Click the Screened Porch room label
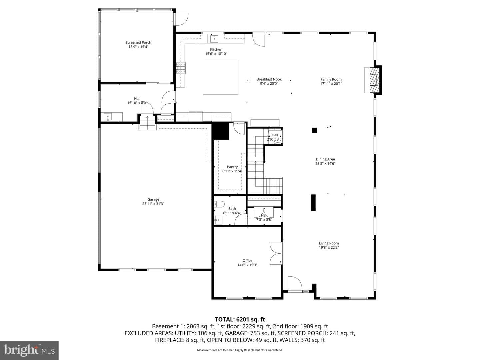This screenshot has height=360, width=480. pyautogui.click(x=138, y=42)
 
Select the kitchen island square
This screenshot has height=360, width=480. pyautogui.click(x=220, y=77)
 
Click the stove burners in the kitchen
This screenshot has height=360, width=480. pyautogui.click(x=181, y=68)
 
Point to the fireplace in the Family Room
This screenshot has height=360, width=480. pyautogui.click(x=374, y=80)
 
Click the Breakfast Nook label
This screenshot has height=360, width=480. pyautogui.click(x=269, y=79)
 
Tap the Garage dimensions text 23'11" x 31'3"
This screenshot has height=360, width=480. pyautogui.click(x=153, y=204)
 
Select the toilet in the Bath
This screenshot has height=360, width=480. pyautogui.click(x=219, y=204)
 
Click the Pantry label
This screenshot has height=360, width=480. pyautogui.click(x=232, y=167)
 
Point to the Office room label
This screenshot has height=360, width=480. pyautogui.click(x=247, y=261)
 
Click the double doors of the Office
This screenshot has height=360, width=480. pyautogui.click(x=276, y=253)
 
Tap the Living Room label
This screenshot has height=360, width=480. pyautogui.click(x=329, y=243)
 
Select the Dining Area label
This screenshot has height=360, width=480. pyautogui.click(x=325, y=159)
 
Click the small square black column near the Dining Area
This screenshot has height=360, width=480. pyautogui.click(x=314, y=130)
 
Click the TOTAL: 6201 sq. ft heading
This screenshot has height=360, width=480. pyautogui.click(x=240, y=319)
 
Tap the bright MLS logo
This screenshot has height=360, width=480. pyautogui.click(x=29, y=350)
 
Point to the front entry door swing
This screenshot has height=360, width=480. pyautogui.click(x=295, y=284)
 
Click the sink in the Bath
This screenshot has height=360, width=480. pyautogui.click(x=218, y=220)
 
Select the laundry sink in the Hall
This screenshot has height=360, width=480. pyautogui.click(x=108, y=117)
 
